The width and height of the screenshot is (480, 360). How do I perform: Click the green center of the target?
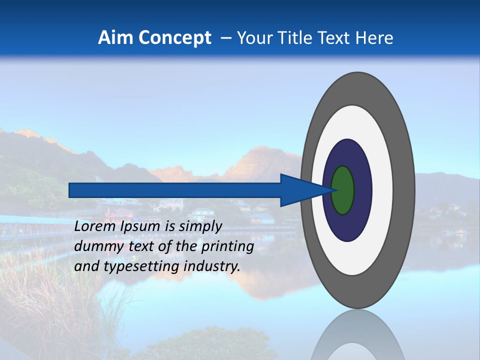pos(343,190)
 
